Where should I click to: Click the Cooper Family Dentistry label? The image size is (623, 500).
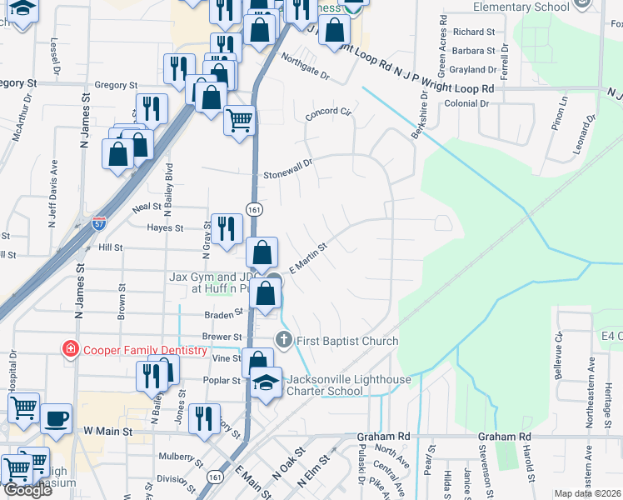[x=145, y=350]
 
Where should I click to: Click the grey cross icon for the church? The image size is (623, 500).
[x=283, y=340]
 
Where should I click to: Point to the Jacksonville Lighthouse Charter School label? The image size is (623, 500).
[x=349, y=386]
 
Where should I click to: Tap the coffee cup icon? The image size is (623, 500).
[x=56, y=418]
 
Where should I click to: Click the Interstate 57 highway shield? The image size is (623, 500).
[x=99, y=223]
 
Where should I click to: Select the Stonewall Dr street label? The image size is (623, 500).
[x=287, y=170]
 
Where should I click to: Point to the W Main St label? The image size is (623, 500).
[x=108, y=432]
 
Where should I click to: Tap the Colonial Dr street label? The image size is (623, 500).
[x=466, y=103]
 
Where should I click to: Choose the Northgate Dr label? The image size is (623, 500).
[x=305, y=67]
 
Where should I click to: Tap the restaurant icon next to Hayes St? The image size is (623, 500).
[x=226, y=229]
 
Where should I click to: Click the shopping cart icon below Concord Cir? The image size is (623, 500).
[x=239, y=120]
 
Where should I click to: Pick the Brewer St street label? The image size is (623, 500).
[x=221, y=337]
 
